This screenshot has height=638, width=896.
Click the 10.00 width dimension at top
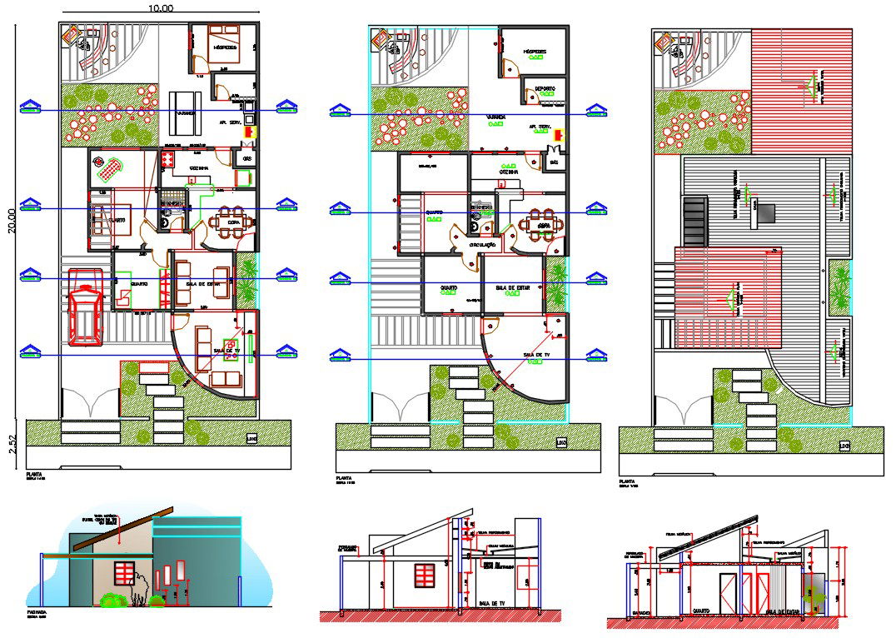[x=161, y=8]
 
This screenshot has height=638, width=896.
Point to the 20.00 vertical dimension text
[x=11, y=222]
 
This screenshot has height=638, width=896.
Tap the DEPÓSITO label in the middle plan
[x=545, y=88]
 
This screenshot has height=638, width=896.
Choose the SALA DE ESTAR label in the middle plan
[x=512, y=287]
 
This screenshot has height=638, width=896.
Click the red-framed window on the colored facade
[x=124, y=573]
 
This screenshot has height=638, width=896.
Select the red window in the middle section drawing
[x=424, y=574]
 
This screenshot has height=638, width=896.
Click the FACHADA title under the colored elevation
[x=38, y=613]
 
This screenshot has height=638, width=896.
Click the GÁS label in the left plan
[x=246, y=157]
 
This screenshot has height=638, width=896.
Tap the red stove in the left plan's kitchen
[x=167, y=158]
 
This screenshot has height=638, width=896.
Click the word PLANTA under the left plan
[x=35, y=474]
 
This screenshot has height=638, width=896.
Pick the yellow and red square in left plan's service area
[x=248, y=131]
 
